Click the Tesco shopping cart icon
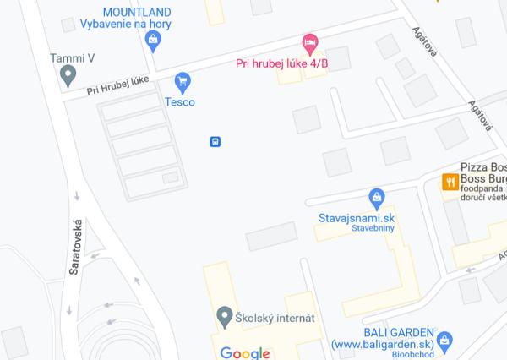181,82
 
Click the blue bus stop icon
215,141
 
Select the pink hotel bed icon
310,41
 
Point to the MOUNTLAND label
136,12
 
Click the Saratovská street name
74,245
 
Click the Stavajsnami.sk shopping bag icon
377,199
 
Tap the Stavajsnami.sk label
357,217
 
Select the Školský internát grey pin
224,319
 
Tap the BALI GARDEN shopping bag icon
446,340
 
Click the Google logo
245,352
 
